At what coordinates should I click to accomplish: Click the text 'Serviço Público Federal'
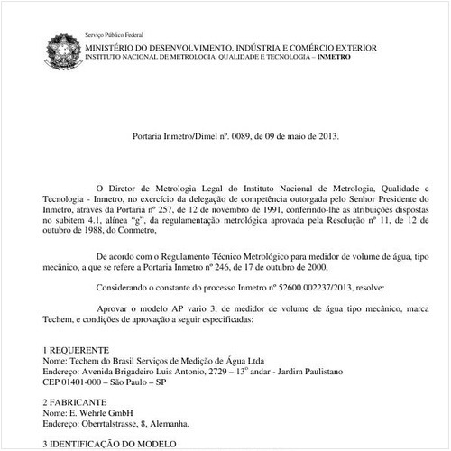tap(115, 33)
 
